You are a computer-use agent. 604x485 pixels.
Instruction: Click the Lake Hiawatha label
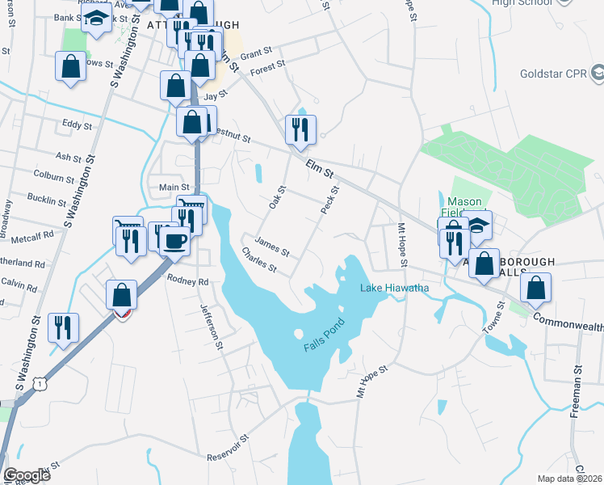[394, 288]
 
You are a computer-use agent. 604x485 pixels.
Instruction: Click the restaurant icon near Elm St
[300, 129]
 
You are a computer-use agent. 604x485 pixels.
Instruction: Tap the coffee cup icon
[174, 239]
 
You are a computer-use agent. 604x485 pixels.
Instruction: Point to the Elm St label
[320, 170]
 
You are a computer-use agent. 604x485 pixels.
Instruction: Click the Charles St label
[260, 259]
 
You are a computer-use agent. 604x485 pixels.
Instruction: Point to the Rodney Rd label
[187, 280]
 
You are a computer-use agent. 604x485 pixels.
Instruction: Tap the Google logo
[27, 475]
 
